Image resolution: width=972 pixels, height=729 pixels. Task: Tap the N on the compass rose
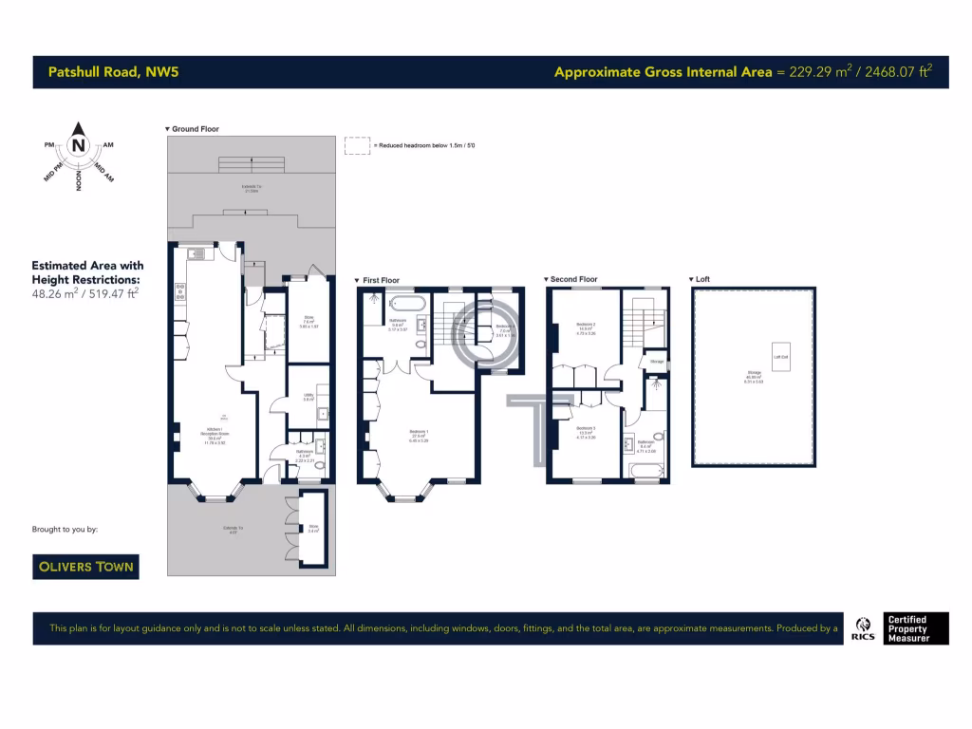[x=78, y=145]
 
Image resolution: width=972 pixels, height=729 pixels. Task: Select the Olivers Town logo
[x=85, y=567]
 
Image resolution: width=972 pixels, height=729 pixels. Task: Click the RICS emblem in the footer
[x=864, y=627]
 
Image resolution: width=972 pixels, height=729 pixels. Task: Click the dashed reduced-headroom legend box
[x=357, y=145]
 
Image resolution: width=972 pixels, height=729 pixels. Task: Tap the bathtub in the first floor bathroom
[x=409, y=305]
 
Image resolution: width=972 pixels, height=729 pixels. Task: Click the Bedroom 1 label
[x=419, y=436]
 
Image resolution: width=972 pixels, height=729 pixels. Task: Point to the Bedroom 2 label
[x=585, y=327]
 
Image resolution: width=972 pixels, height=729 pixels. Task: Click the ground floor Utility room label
[x=308, y=397]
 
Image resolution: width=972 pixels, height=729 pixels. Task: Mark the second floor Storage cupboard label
[x=656, y=362]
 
